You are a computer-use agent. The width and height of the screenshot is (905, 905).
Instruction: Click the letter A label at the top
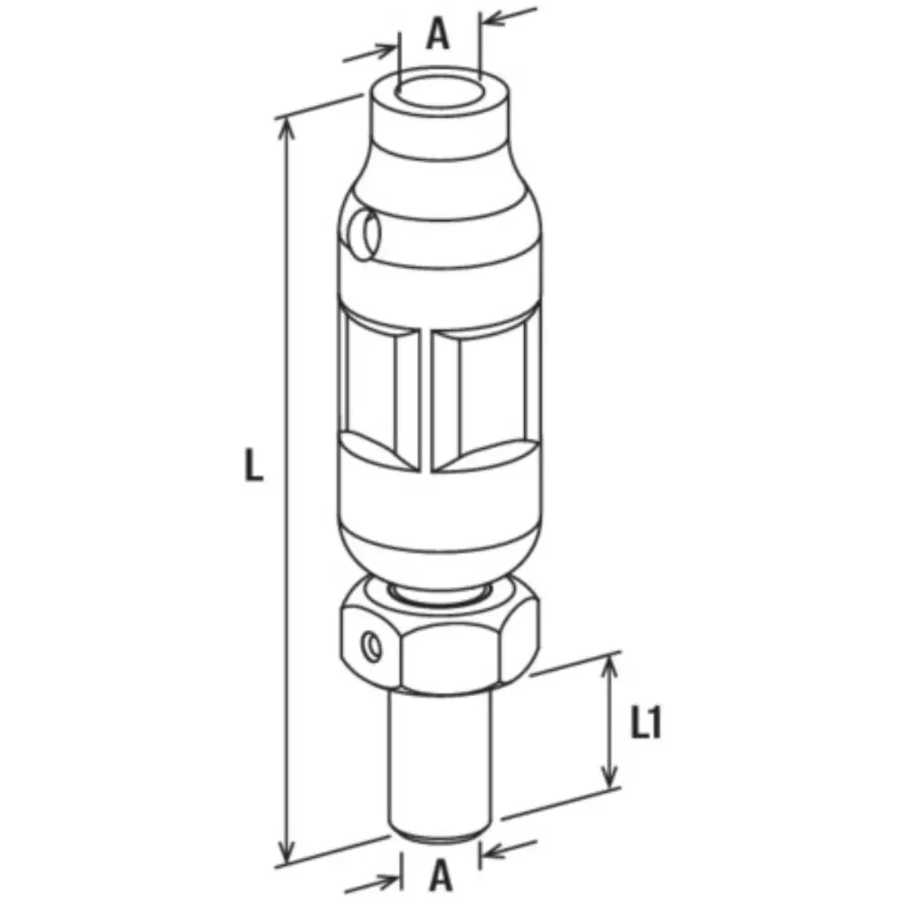(438, 36)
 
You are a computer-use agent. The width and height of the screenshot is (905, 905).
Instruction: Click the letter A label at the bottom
(441, 875)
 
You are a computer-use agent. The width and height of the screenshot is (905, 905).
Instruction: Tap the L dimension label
(253, 466)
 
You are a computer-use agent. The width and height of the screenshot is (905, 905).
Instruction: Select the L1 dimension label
(645, 723)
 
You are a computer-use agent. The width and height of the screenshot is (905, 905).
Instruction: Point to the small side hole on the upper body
(365, 233)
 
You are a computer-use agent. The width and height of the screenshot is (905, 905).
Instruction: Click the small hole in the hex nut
(372, 645)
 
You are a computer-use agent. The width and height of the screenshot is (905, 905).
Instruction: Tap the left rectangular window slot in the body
(378, 394)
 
